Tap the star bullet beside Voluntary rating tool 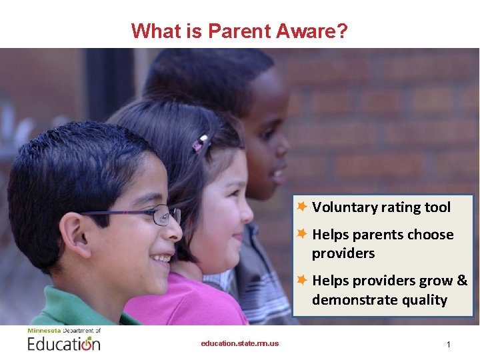coord(302,207)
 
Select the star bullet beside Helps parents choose coord(302,234)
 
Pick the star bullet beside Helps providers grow coord(302,280)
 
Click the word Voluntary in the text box coord(344,207)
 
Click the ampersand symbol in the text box coord(462,281)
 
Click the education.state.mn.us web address coord(240,344)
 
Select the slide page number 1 coord(449,345)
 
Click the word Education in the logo coord(63,344)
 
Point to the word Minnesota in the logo coord(44,330)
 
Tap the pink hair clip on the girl coord(200,143)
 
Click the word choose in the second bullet coord(430,235)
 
